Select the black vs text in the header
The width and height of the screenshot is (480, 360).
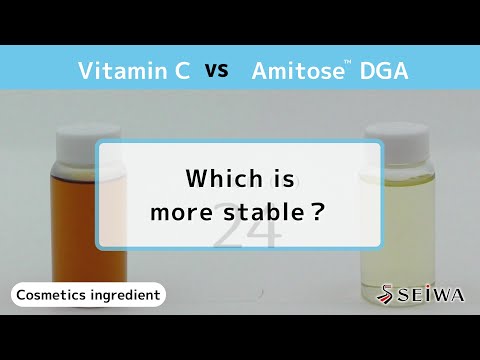coord(217,71)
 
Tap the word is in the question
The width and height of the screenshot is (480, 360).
coord(283,179)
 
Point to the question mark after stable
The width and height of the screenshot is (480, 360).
coord(318,212)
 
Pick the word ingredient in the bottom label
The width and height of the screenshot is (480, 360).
coord(125,296)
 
